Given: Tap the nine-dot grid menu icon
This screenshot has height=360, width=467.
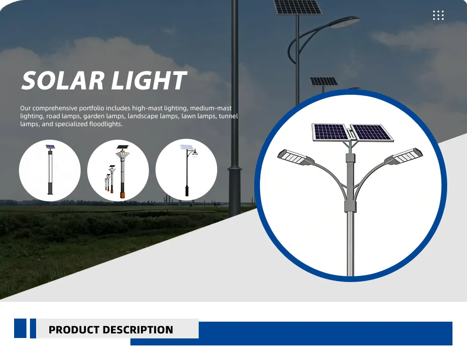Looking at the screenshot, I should click(438, 15).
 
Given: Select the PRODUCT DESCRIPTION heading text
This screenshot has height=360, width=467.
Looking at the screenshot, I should click(111, 330).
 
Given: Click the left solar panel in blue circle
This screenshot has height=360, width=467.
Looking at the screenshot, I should click(330, 132).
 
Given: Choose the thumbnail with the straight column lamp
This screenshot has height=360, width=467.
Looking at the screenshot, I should click(50, 171).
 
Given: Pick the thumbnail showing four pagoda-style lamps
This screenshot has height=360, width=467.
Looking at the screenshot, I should click(118, 171).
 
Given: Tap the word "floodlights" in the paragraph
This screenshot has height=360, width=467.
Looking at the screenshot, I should click(105, 124).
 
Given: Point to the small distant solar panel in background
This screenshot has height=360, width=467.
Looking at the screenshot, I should click(324, 81).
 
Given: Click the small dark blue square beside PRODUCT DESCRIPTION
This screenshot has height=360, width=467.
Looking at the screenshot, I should click(20, 328).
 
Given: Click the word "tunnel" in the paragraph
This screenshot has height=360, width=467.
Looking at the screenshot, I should click(228, 116).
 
